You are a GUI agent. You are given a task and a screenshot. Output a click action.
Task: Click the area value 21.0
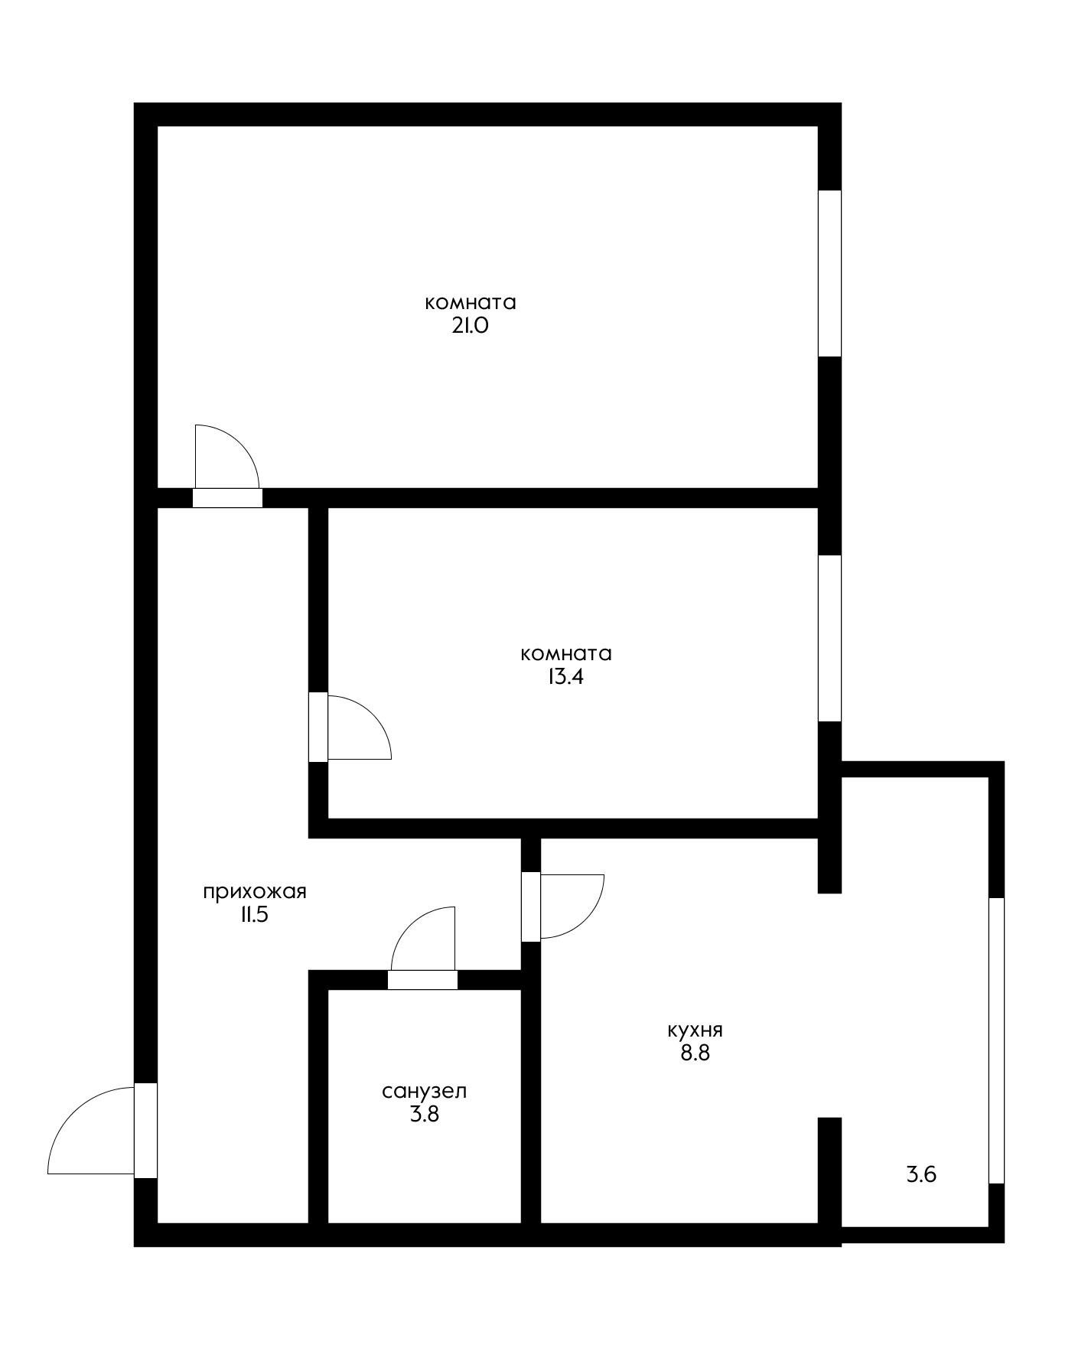click(x=470, y=326)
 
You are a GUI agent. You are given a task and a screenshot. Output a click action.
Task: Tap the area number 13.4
click(x=565, y=677)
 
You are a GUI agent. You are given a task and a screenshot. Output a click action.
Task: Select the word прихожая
click(x=255, y=892)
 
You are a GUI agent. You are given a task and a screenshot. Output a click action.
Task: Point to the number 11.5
click(x=254, y=915)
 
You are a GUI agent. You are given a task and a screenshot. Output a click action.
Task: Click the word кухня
click(x=695, y=1030)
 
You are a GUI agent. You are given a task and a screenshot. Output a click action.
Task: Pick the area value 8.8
click(x=695, y=1053)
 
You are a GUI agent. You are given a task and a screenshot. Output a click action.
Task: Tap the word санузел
click(x=424, y=1091)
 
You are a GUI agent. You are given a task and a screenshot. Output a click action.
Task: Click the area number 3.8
click(x=424, y=1114)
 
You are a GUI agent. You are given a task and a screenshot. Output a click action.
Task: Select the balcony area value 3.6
click(x=921, y=1174)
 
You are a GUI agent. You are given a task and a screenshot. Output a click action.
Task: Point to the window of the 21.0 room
click(x=829, y=273)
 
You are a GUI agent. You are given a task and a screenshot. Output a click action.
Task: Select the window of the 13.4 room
click(x=829, y=638)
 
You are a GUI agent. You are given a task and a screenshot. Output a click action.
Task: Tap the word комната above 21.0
click(x=470, y=303)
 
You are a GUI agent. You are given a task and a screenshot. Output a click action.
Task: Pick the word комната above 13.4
click(x=565, y=654)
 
